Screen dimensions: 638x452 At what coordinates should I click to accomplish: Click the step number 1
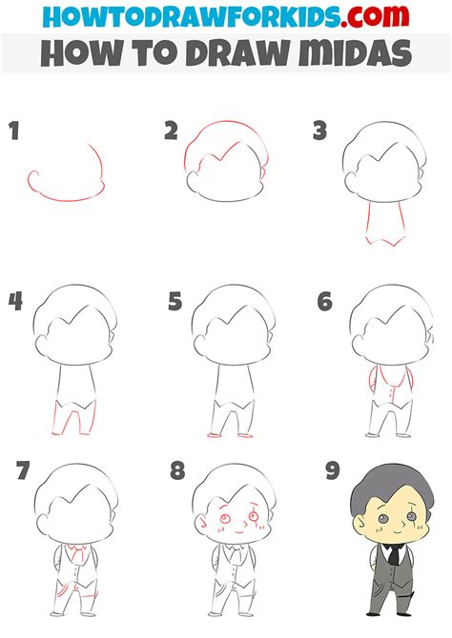point(13,130)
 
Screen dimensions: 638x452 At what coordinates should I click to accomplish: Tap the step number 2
point(171,130)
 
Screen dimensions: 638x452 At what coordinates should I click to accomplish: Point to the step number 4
point(14,302)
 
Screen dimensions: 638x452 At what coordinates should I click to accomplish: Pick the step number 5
point(174,302)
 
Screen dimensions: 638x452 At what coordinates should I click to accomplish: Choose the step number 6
point(325,302)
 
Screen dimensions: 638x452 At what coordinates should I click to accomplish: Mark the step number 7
point(24,471)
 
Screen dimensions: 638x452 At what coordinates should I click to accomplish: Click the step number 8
point(176,471)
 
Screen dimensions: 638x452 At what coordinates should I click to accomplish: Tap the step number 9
point(331,471)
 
